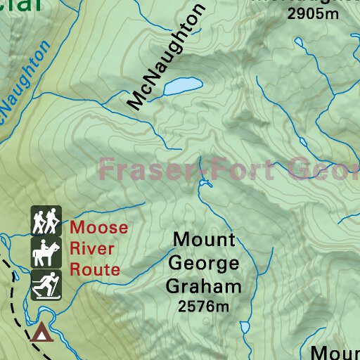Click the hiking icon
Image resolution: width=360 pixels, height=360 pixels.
pos(46,221)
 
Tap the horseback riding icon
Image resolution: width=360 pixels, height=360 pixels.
pos(46,252)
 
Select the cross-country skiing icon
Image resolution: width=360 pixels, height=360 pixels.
pos(46,284)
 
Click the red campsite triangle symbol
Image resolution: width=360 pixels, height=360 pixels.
pos(41,331)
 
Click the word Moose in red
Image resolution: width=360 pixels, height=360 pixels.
pos(99,228)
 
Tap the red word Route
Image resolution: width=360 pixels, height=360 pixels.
pos(95,269)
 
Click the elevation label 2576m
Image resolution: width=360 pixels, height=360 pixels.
pos(204,306)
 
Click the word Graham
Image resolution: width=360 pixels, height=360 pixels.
pos(204,286)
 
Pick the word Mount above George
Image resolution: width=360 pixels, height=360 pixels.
pos(204,240)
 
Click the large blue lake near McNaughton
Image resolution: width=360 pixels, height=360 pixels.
pos(184,86)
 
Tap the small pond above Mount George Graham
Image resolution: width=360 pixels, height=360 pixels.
pos(205,184)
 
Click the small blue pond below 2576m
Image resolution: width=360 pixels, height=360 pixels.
pos(245,327)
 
